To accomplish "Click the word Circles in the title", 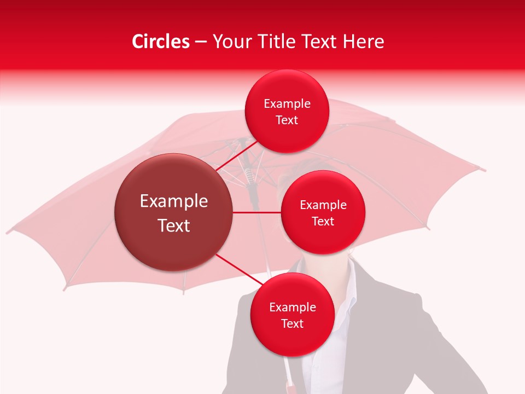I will (161, 42).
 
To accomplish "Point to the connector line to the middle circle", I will (257, 212).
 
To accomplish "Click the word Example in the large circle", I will (174, 201).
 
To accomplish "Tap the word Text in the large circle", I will (174, 225).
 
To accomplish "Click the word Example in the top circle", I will (287, 104).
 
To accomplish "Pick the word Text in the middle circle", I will (323, 221).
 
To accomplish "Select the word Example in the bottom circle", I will (293, 307).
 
